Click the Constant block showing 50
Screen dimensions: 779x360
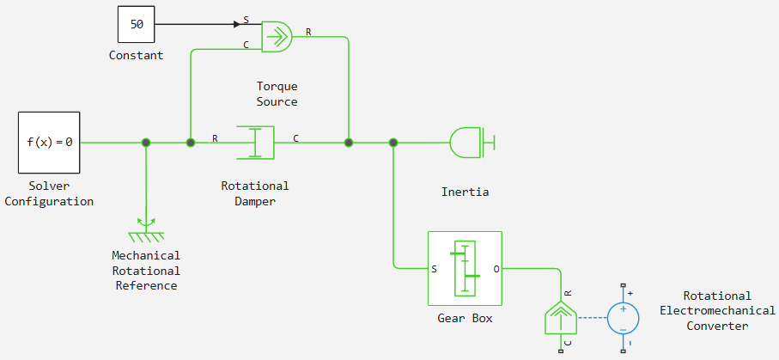point(136,24)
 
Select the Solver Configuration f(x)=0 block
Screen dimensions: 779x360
point(49,143)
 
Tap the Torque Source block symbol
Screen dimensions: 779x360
point(277,36)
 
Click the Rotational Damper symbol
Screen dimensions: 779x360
point(255,143)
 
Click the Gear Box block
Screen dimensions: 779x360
point(465,269)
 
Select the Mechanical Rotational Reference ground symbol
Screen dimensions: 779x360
point(146,229)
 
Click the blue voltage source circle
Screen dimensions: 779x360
point(623,317)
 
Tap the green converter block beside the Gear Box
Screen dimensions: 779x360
point(561,318)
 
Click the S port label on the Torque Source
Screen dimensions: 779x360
point(246,21)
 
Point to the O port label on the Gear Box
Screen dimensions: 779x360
point(496,269)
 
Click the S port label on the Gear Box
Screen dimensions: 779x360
point(435,269)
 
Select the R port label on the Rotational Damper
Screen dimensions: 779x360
point(215,138)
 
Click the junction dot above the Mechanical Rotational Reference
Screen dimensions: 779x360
point(145,143)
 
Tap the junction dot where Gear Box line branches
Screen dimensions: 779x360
point(393,143)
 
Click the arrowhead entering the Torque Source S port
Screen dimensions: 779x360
point(237,24)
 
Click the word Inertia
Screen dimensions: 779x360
point(465,192)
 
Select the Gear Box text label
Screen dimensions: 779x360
point(465,318)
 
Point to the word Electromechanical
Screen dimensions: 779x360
point(717,311)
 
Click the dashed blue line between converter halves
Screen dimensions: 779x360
point(593,318)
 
